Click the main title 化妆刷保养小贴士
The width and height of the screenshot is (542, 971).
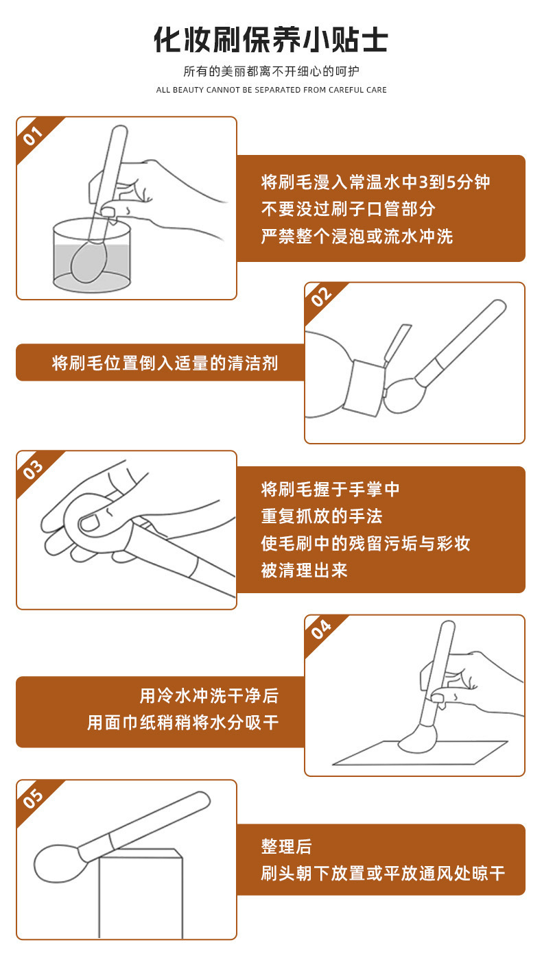[x=271, y=40]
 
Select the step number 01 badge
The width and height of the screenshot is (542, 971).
[x=33, y=136]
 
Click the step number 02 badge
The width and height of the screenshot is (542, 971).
[x=321, y=297]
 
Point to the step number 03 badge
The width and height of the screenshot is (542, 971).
[x=33, y=470]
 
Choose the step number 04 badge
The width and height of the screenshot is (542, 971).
[x=321, y=630]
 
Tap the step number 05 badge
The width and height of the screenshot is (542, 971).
[x=33, y=799]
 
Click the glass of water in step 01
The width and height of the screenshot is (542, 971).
[x=92, y=255]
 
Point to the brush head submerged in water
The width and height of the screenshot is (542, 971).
[x=89, y=262]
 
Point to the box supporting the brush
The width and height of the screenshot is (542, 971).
[x=141, y=893]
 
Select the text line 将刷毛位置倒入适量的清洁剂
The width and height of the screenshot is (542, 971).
[x=165, y=363]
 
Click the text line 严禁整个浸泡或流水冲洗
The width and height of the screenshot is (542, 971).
[x=357, y=237]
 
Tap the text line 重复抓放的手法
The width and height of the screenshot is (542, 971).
[x=322, y=516]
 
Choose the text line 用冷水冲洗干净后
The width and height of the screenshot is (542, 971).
[x=209, y=696]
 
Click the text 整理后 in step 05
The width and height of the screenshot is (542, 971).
[x=286, y=846]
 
